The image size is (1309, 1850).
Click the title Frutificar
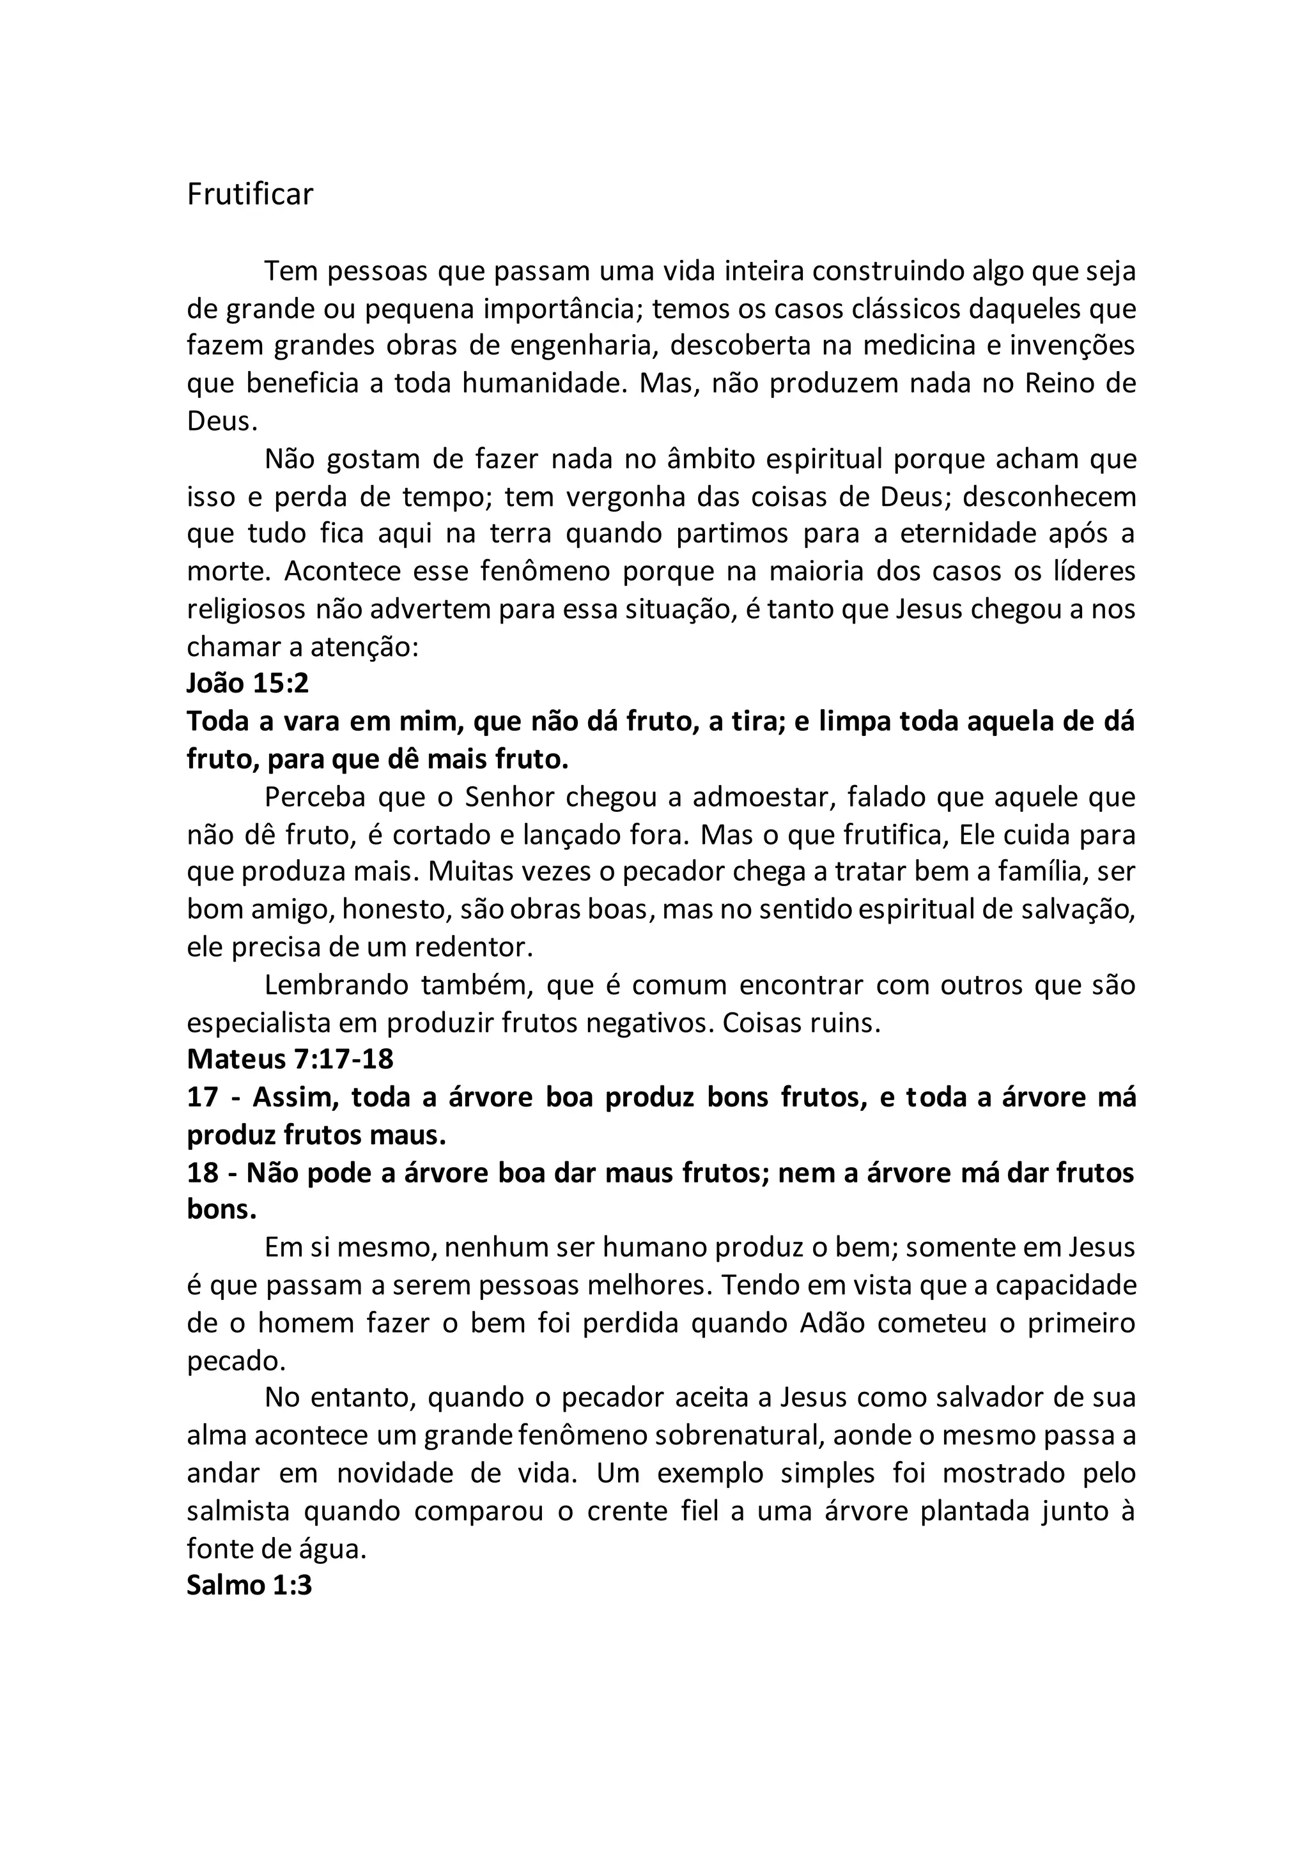tap(250, 195)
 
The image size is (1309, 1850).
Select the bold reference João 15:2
tap(247, 684)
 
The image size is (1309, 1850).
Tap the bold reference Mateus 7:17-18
tap(290, 1059)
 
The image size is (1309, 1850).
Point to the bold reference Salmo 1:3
tap(249, 1585)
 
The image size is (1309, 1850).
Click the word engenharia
tap(580, 346)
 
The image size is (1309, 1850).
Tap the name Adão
tap(831, 1323)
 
